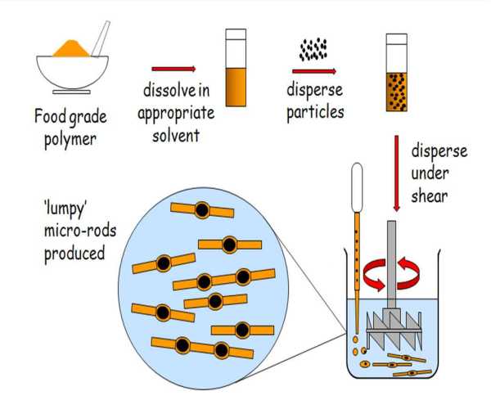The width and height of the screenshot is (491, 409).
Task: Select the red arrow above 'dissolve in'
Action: [173, 70]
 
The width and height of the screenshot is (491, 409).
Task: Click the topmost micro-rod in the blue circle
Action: [201, 212]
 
